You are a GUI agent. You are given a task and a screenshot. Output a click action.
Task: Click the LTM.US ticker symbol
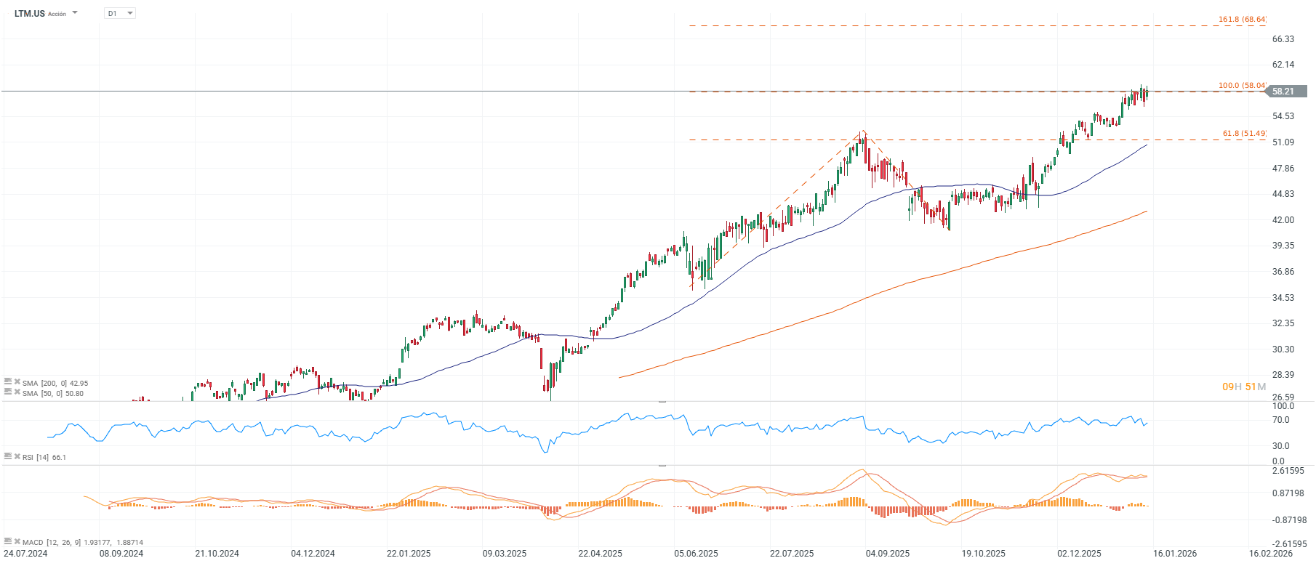pos(29,13)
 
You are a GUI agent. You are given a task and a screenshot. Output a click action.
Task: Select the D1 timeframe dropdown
pos(119,13)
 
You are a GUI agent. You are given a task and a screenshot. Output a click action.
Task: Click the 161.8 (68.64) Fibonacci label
pos(1242,20)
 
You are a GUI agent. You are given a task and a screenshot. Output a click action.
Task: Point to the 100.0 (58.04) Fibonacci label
pos(1242,86)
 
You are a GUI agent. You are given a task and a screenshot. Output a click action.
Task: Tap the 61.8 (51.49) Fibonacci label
pos(1244,134)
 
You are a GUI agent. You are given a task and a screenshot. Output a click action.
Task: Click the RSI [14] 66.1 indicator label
pos(44,457)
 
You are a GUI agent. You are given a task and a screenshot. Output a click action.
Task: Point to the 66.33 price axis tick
pos(1283,39)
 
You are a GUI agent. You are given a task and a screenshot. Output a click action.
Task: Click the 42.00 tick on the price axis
pos(1283,220)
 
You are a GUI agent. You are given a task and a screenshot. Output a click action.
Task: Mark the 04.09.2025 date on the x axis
pos(887,554)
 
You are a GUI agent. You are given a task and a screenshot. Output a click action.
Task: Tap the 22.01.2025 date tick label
pos(409,554)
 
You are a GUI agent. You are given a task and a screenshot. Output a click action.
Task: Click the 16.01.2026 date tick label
pos(1175,554)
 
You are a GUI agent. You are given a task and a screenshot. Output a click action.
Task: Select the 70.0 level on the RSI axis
pos(1280,420)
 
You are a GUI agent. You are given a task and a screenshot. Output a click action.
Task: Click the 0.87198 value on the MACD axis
pos(1288,493)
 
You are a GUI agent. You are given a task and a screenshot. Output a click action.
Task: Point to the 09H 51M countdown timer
pos(1243,387)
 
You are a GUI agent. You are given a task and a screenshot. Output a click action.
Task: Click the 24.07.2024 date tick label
pos(26,554)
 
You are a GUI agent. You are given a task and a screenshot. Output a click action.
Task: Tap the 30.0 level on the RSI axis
pos(1280,446)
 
